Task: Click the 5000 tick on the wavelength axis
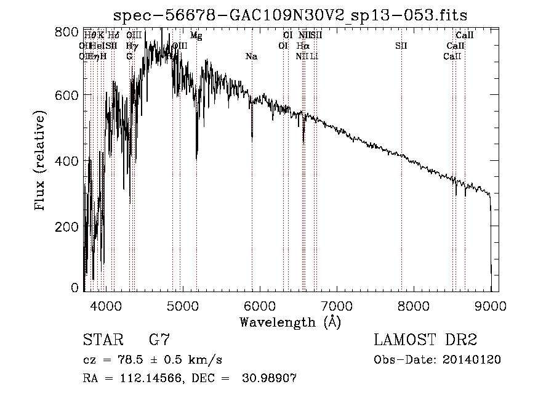(182, 305)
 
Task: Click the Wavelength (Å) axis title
(290, 322)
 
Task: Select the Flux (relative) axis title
(41, 161)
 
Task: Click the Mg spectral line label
(196, 36)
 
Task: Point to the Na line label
(251, 57)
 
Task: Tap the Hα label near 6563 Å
(302, 46)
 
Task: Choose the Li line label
(314, 57)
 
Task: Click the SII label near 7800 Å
(401, 46)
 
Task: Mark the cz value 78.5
(137, 360)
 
